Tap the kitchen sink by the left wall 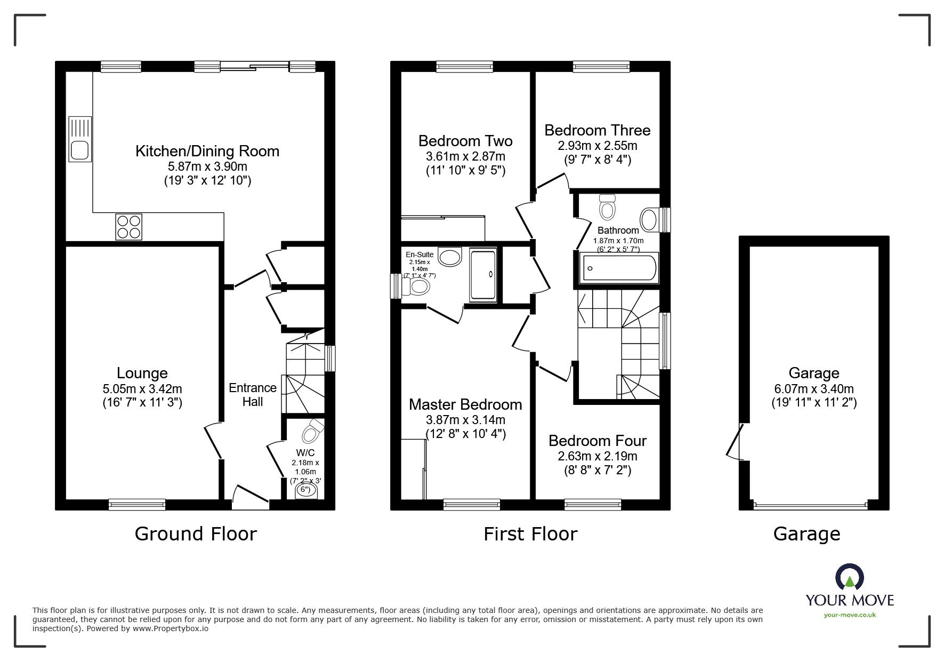pos(80,139)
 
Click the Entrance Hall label pos(253,395)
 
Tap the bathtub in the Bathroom pos(619,268)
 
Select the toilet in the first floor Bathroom pos(607,206)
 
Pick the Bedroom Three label pos(598,130)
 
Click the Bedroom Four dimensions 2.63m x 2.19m pos(598,456)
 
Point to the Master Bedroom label pos(465,404)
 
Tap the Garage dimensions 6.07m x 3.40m pos(814,389)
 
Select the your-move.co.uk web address pos(850,615)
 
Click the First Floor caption pos(530,534)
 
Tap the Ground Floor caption pos(196,534)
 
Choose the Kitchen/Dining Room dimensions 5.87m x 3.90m pos(207,167)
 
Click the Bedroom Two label pos(465,141)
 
